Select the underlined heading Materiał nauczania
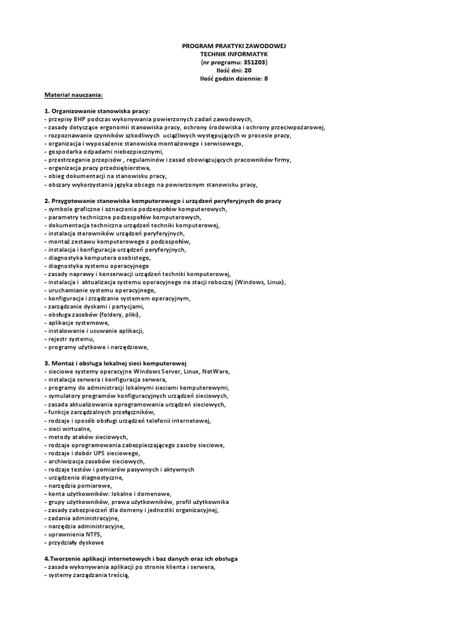[74, 95]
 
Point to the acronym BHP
[82, 119]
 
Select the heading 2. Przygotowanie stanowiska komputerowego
[163, 200]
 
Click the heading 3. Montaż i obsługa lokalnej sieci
[118, 363]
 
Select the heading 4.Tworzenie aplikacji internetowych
[141, 558]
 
